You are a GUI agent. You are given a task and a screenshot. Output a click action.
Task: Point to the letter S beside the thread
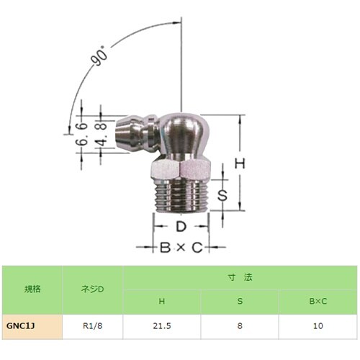[224, 194]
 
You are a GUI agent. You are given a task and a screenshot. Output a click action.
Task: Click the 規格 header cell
[32, 289]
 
